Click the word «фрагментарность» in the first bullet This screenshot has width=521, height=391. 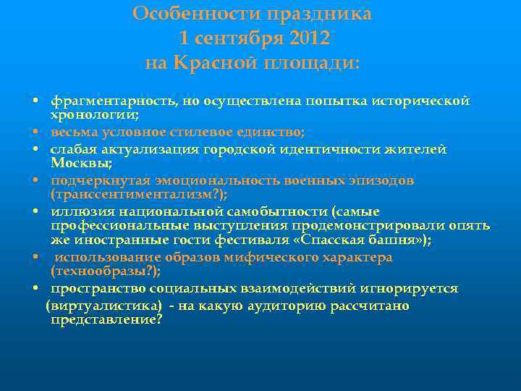pos(113,101)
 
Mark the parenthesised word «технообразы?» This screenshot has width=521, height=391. pos(105,272)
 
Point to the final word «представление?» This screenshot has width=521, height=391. pos(106,319)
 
